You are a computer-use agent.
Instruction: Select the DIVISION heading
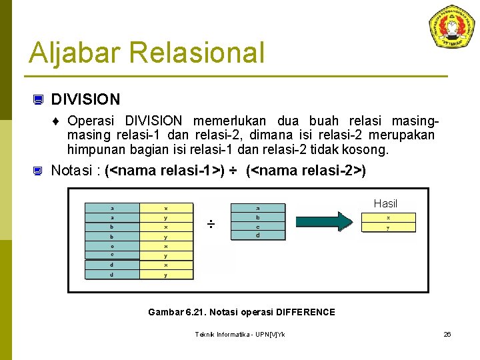[x=85, y=100]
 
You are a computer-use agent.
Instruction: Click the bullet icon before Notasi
[x=39, y=171]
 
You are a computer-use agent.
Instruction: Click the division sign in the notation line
[x=233, y=171]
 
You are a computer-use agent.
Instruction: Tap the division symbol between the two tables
[x=210, y=225]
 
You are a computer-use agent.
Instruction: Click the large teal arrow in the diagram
[x=323, y=221]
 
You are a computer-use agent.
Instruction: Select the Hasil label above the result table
[x=385, y=203]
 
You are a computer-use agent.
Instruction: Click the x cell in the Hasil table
[x=388, y=217]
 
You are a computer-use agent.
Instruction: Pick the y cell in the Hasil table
[x=388, y=227]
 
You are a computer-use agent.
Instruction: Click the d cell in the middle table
[x=257, y=235]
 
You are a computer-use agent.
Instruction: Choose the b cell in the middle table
[x=257, y=217]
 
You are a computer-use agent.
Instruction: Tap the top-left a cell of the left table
[x=111, y=208]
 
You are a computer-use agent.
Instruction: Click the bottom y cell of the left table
[x=166, y=275]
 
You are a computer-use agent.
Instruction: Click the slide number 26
[x=447, y=334]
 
